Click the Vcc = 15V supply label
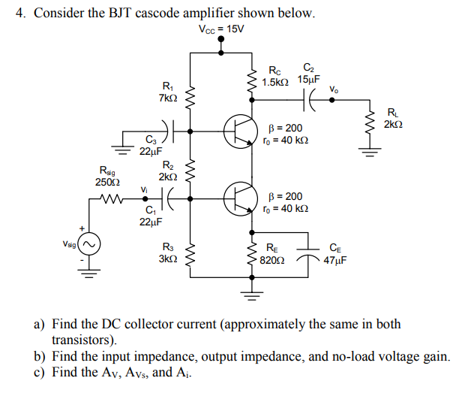(x=221, y=30)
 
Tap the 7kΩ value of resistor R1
(x=167, y=98)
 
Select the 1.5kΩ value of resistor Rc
(x=280, y=80)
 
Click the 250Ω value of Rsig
(x=105, y=181)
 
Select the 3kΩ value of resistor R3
(x=167, y=258)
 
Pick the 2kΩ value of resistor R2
(x=167, y=176)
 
